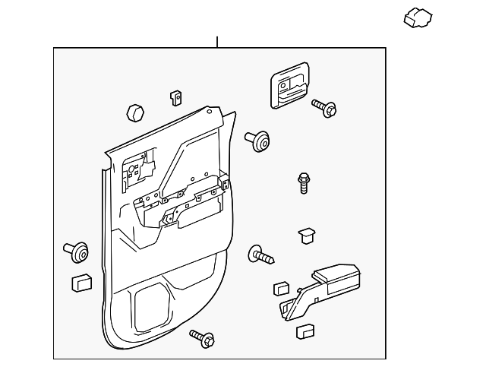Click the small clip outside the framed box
[418, 17]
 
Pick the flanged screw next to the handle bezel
[326, 109]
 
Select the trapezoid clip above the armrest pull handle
[307, 235]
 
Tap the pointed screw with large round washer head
[260, 255]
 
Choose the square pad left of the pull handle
[279, 288]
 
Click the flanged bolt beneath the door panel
[201, 337]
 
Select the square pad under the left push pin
[80, 283]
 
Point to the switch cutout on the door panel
[134, 170]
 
